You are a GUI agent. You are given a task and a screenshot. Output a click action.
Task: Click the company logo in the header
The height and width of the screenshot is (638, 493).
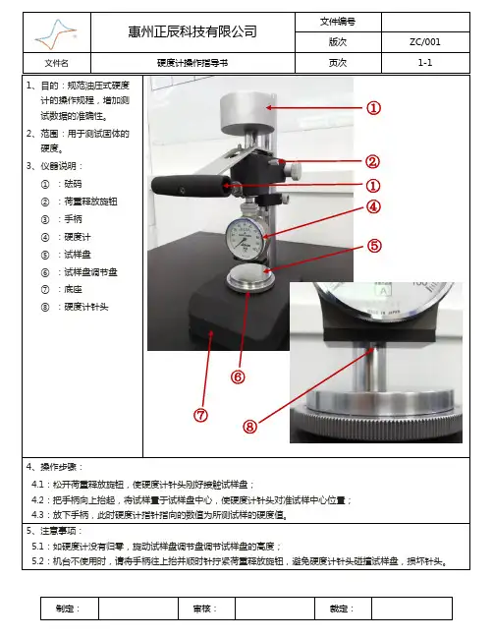(x=56, y=33)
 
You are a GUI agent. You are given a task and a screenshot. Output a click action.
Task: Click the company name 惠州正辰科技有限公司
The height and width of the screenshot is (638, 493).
(x=192, y=31)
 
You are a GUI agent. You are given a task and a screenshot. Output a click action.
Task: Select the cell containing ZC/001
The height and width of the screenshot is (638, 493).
(x=425, y=42)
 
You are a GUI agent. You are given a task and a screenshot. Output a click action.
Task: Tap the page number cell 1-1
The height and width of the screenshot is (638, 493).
(x=425, y=63)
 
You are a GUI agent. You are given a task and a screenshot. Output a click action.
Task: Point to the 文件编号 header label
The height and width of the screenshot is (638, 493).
(x=337, y=22)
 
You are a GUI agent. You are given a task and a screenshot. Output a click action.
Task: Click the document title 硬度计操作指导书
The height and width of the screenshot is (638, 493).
(x=192, y=63)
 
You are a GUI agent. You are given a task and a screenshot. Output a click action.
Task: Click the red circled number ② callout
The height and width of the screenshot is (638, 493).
(x=372, y=162)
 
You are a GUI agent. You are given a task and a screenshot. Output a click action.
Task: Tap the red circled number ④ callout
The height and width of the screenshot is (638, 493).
(x=373, y=206)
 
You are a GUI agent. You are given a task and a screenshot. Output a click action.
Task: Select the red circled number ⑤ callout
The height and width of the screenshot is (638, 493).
(x=374, y=246)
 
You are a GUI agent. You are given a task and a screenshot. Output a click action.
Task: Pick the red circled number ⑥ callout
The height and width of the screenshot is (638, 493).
(x=238, y=377)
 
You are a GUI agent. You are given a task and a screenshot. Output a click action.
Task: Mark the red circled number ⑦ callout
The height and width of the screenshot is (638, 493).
(x=200, y=415)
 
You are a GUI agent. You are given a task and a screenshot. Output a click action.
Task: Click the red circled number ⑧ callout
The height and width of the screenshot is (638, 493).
(x=250, y=427)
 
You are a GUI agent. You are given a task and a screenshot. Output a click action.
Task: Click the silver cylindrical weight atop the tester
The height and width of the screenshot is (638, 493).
(x=247, y=113)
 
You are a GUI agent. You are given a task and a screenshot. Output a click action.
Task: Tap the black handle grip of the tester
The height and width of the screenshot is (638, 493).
(x=189, y=187)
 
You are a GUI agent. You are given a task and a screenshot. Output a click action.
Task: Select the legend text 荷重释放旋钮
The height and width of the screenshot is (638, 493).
(x=90, y=202)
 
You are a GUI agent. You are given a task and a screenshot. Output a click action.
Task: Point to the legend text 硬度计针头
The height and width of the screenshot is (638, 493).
(x=86, y=307)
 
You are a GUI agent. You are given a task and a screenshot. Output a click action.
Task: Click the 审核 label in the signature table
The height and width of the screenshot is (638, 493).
(x=205, y=609)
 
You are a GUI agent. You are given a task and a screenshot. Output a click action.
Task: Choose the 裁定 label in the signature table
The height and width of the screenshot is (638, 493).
(x=342, y=609)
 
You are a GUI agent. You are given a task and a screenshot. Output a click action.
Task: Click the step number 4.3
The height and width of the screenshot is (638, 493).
(x=37, y=515)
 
